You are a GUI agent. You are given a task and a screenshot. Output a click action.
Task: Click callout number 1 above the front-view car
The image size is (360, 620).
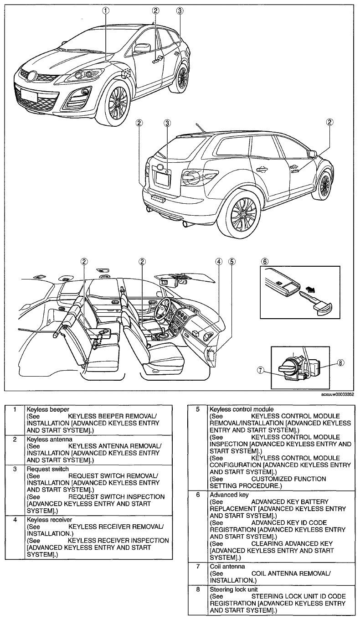tap(105, 11)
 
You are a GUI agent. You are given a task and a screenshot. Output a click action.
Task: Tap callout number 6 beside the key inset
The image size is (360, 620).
tap(265, 261)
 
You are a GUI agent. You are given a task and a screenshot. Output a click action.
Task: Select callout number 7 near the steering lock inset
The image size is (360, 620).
tap(260, 371)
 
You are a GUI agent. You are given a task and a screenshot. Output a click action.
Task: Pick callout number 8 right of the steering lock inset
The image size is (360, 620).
tap(340, 362)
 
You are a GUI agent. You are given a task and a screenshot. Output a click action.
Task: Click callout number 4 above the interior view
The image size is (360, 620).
tap(219, 261)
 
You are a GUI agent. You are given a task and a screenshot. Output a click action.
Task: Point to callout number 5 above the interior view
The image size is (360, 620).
tap(231, 261)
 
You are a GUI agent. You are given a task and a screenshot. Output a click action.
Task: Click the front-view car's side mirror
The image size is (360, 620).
tap(142, 47)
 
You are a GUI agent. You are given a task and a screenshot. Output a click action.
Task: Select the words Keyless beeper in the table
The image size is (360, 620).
tap(48, 409)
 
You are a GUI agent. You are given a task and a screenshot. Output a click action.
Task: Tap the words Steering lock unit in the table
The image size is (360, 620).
tap(233, 589)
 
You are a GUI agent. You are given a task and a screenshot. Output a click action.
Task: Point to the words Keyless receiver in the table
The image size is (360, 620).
tap(49, 520)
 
